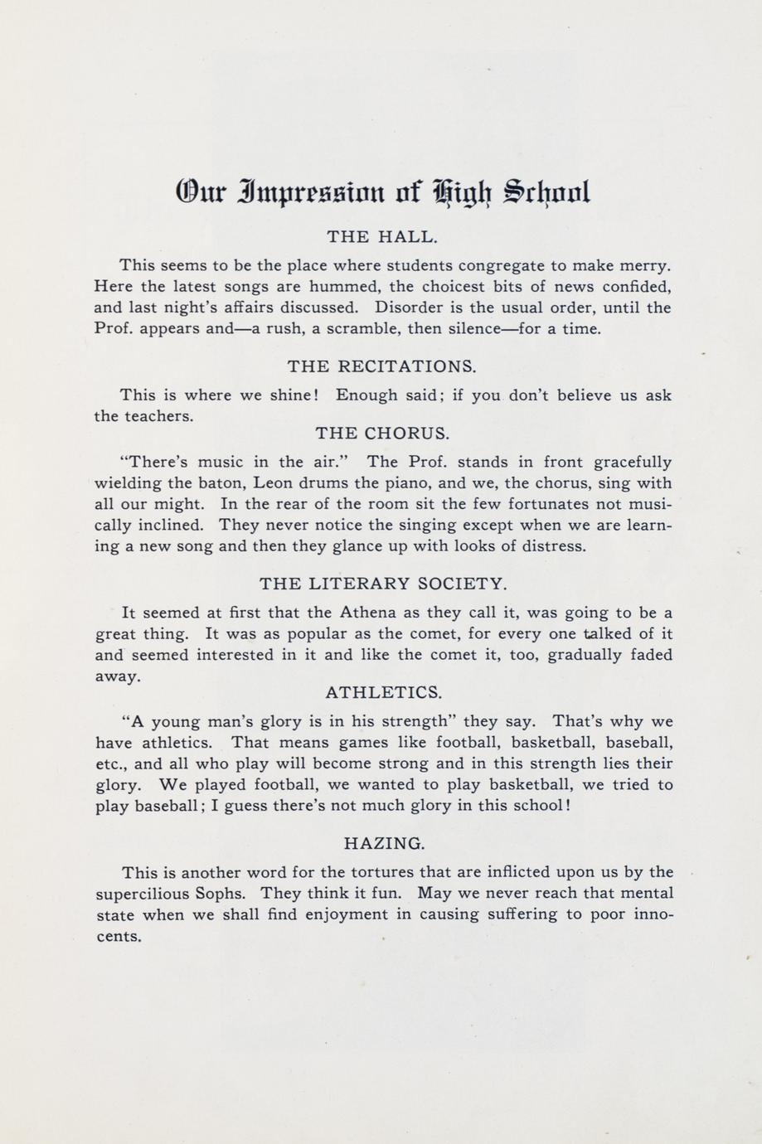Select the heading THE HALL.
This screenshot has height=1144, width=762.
click(x=381, y=237)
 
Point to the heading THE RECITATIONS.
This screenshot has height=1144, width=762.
click(x=381, y=366)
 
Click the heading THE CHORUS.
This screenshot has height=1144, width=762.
click(x=381, y=434)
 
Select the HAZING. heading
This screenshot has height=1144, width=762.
click(x=384, y=844)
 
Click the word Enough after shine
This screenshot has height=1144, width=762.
click(x=366, y=395)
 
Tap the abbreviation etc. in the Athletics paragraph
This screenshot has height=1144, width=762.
click(x=110, y=764)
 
